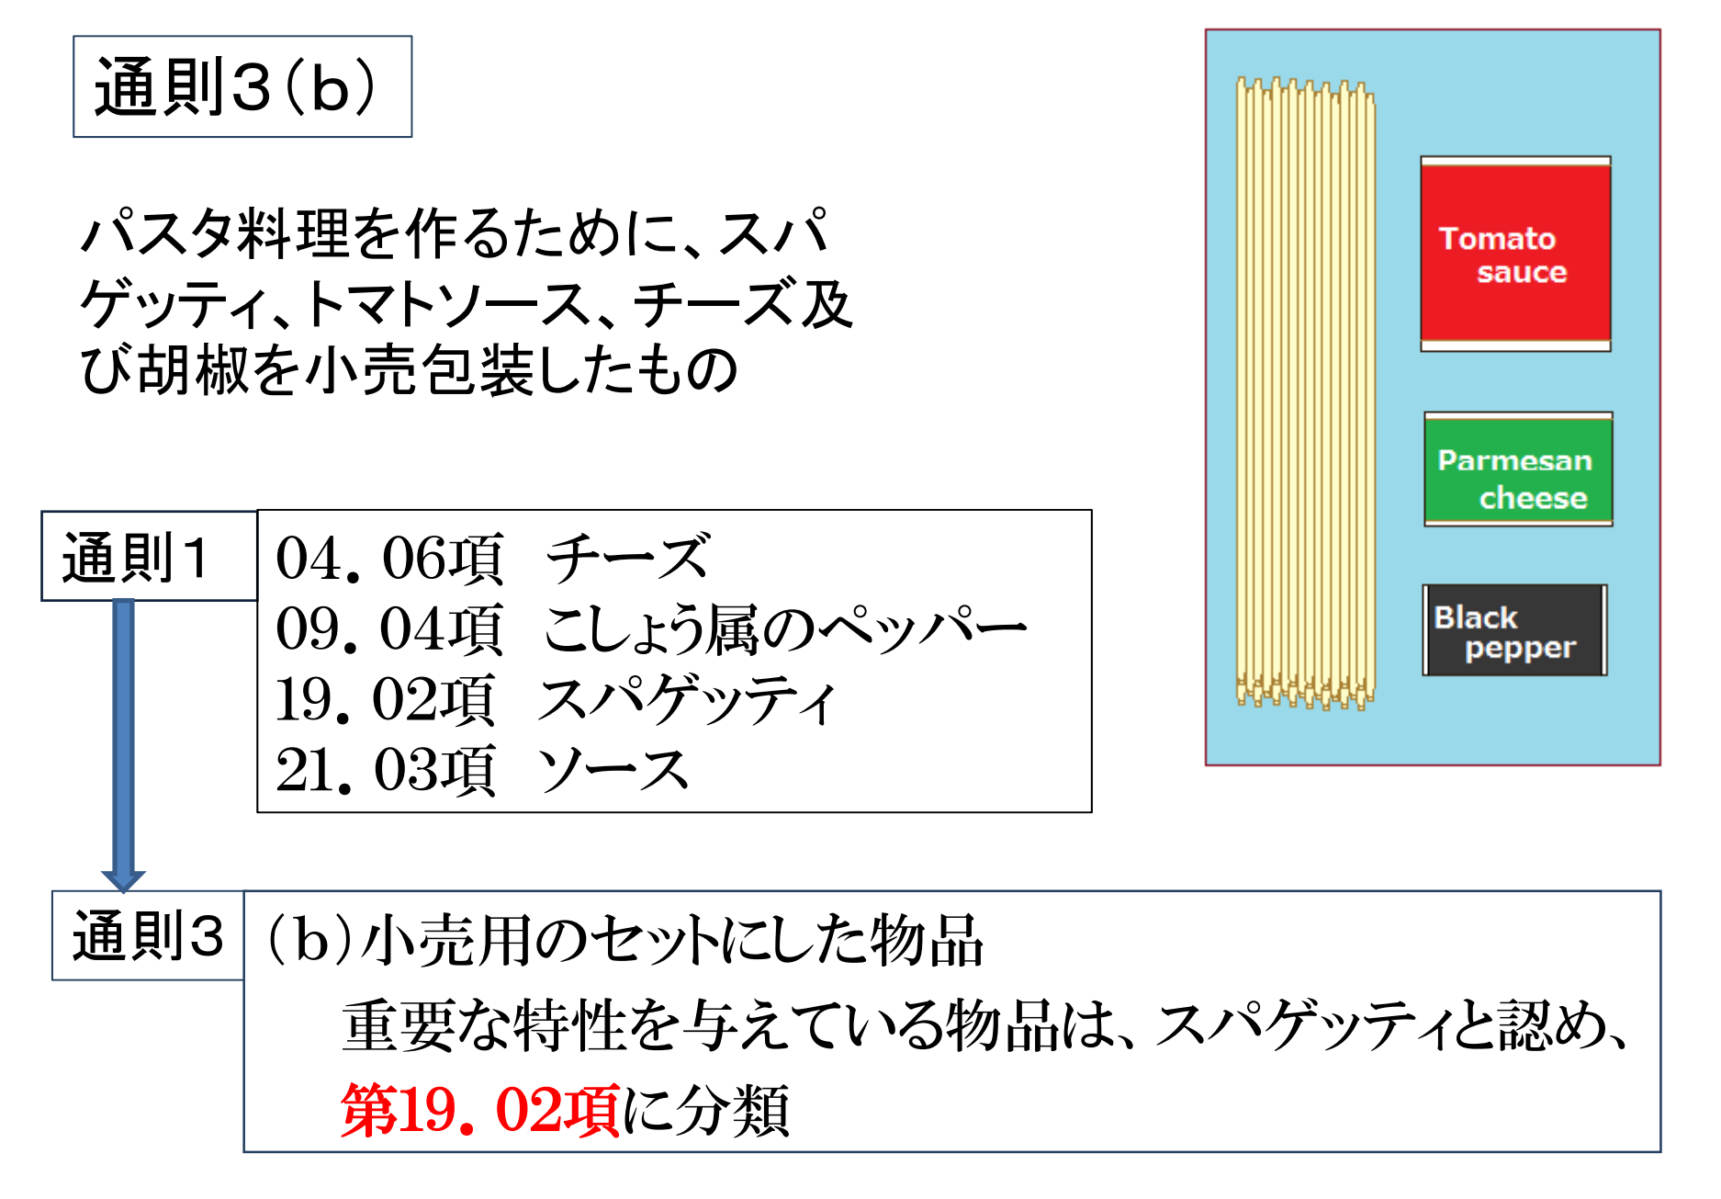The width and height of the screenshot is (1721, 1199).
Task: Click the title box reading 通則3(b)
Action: [x=242, y=86]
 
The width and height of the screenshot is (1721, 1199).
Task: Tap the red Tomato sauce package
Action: [x=1515, y=254]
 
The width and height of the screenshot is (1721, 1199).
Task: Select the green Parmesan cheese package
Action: [x=1518, y=469]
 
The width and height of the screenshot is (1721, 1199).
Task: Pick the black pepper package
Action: [x=1514, y=630]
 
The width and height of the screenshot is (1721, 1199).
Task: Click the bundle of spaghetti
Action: [x=1305, y=393]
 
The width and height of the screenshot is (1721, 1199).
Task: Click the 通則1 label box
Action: [x=149, y=556]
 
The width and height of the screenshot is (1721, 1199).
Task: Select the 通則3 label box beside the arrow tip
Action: [x=148, y=935]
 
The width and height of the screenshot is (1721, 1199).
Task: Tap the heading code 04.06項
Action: [x=390, y=559]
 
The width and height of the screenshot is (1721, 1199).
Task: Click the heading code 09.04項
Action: [x=390, y=629]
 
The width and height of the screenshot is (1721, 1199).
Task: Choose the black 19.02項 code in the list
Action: [x=386, y=700]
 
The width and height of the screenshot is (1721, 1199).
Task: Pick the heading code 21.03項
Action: [x=386, y=770]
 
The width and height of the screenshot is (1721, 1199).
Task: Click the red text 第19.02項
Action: [x=480, y=1110]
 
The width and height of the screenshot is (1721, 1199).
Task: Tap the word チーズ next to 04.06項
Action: [x=628, y=558]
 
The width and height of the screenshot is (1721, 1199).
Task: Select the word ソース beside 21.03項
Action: [x=613, y=770]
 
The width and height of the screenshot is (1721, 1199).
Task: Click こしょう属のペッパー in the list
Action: [x=785, y=629]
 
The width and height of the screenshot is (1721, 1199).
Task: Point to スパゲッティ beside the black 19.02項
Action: [x=687, y=700]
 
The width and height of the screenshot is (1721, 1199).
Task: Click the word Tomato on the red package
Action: [x=1497, y=239]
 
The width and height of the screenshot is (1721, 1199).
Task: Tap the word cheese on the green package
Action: [x=1533, y=498]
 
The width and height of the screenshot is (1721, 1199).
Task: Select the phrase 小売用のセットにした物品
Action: [x=672, y=941]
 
